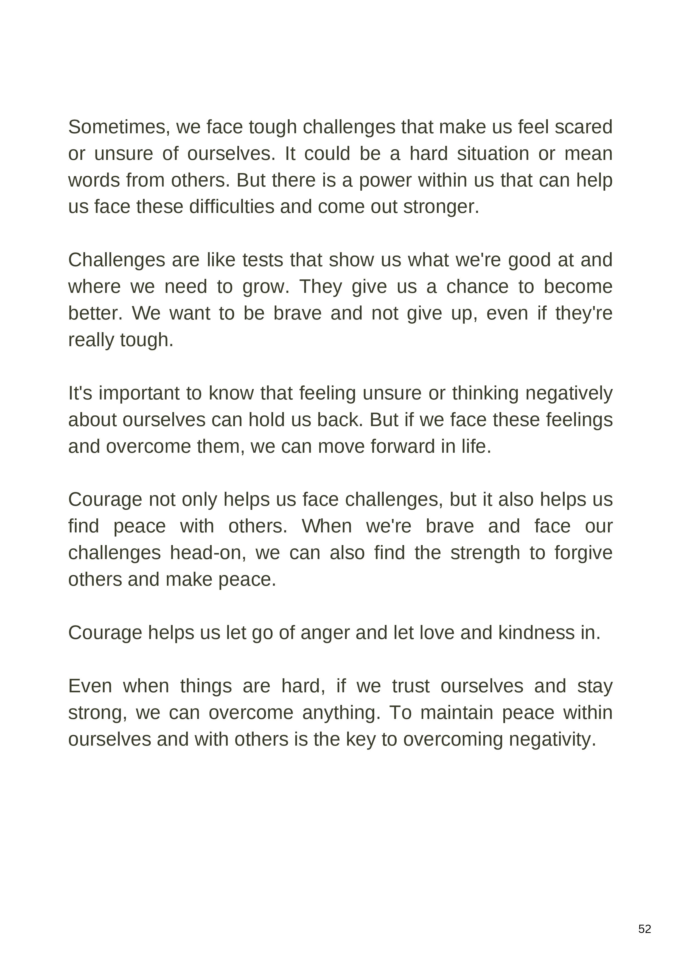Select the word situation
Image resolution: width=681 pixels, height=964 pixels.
coord(493,154)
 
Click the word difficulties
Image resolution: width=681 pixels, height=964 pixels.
coord(232,207)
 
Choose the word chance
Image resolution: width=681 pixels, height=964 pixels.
coord(478,287)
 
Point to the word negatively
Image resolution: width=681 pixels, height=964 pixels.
coord(568,393)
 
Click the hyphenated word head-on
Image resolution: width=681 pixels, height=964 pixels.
coord(208,553)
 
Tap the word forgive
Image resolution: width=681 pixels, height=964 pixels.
coord(583,553)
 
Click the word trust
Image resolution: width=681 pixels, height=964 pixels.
coord(411,686)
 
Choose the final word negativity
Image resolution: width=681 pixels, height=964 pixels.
coord(552,739)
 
